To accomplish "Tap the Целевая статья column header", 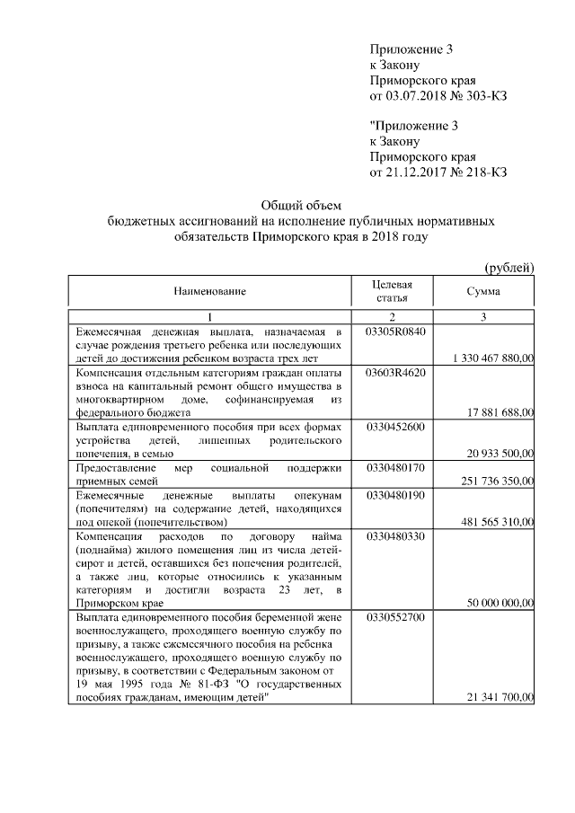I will [392, 291].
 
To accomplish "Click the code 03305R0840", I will [395, 331].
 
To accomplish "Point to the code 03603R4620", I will [395, 372].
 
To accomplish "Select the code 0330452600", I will [395, 427].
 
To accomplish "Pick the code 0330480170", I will [395, 468].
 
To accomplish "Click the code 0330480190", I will [395, 496].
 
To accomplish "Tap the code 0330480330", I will [395, 537].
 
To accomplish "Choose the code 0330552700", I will [395, 619].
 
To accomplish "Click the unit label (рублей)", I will [509, 267].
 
